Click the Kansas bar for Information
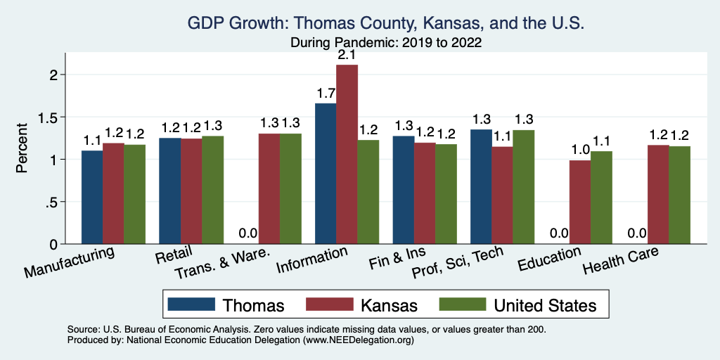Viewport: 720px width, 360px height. [347, 155]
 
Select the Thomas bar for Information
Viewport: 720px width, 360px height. [326, 174]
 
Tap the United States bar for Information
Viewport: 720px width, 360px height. [368, 192]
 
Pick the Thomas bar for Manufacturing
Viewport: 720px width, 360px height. [92, 198]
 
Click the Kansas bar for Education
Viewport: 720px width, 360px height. [580, 202]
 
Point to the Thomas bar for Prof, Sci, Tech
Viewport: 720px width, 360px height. [481, 187]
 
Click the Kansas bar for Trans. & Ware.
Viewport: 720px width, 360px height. [269, 189]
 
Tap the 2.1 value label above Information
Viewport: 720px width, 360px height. [347, 54]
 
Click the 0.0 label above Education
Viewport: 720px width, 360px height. [558, 233]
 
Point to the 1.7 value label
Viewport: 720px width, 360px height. [326, 93]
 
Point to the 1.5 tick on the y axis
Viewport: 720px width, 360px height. [54, 117]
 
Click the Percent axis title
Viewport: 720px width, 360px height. [22, 149]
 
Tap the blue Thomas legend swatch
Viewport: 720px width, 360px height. [191, 304]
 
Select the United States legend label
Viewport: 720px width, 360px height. [545, 305]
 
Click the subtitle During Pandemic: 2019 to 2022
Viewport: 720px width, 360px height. [386, 42]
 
